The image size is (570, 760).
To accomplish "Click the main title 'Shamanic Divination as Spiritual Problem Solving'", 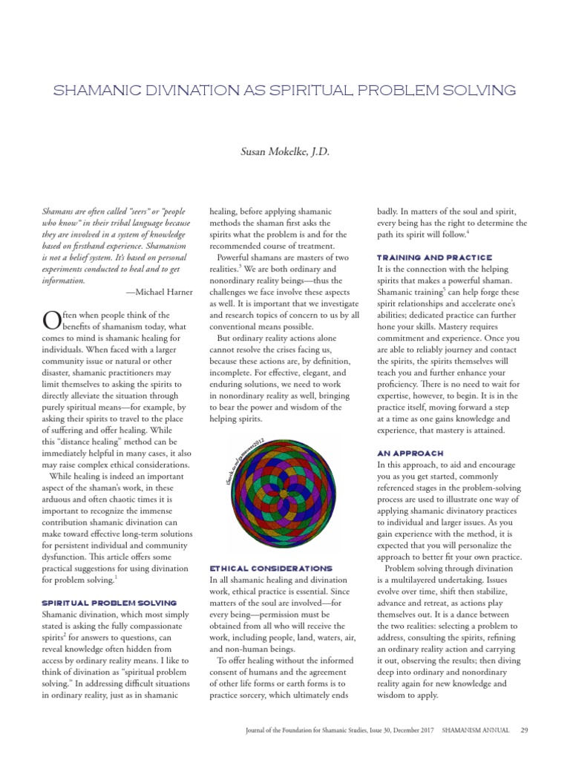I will pos(285,91).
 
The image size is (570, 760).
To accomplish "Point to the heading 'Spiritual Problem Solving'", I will pos(109,602).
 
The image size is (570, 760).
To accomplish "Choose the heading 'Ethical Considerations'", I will pos(270,568).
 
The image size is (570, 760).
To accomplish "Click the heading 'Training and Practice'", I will pos(434,257).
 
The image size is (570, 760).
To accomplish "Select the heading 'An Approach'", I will pos(410,453).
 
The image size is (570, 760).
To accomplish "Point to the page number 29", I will pos(524,730).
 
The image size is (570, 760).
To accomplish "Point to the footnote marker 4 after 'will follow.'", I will pos(468,232).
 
